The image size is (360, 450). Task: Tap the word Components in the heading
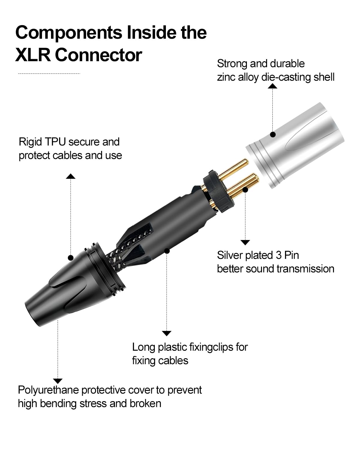(x=69, y=32)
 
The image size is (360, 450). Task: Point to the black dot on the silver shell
(x=273, y=134)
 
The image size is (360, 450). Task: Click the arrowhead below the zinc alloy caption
(x=273, y=86)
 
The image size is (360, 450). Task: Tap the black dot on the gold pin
(x=245, y=190)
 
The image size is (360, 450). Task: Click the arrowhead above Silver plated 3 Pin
(x=245, y=242)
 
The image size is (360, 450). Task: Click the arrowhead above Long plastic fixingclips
(x=166, y=333)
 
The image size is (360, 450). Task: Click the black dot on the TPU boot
(x=71, y=257)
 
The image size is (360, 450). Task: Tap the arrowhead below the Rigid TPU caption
(x=71, y=176)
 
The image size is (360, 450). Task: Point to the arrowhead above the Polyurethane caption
(x=57, y=381)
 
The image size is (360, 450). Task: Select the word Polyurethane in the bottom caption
(x=48, y=390)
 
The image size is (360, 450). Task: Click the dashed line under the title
(x=49, y=73)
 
